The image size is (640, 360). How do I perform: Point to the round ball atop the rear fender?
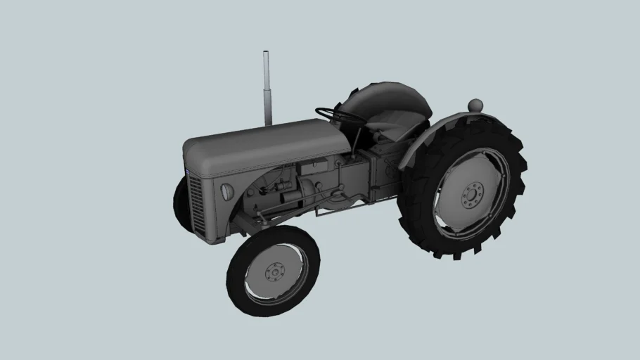coord(475,105)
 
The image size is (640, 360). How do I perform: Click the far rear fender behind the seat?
coord(383,98)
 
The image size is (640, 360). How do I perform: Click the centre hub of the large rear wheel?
coord(473,195)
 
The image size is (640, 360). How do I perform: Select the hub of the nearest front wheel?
coord(274,271)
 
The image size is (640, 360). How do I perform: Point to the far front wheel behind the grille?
coord(181,204)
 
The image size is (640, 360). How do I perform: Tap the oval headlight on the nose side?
coord(226,191)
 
